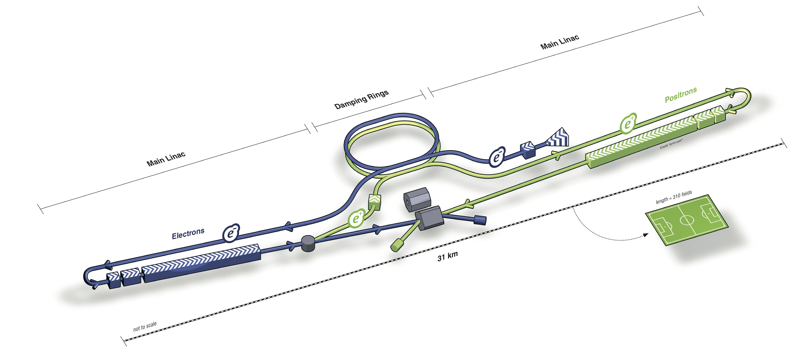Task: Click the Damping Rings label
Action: (x=361, y=99)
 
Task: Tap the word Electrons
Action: (x=188, y=234)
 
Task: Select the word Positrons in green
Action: (x=681, y=95)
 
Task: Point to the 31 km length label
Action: (x=447, y=256)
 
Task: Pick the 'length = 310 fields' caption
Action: (x=674, y=197)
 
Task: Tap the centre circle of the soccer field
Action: (x=686, y=220)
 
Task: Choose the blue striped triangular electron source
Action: (x=559, y=138)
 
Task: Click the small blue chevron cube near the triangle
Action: (x=528, y=149)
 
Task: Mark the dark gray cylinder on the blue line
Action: (x=308, y=243)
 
